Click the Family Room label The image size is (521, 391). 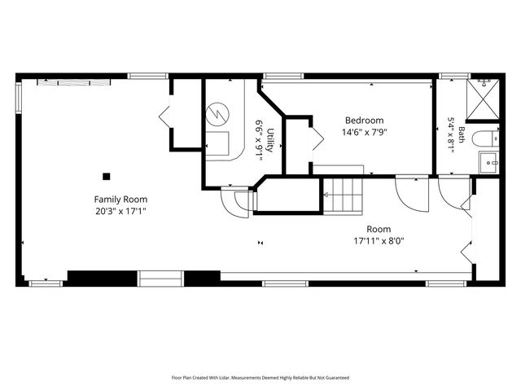coord(120,200)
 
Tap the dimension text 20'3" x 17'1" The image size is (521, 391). coord(120,211)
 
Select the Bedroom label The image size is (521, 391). coord(365,121)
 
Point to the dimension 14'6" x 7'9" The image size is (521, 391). coord(365,132)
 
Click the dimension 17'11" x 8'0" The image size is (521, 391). coord(379,241)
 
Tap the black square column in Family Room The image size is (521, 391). coord(106,176)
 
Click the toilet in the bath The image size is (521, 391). coord(485,139)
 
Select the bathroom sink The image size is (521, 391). coord(488,163)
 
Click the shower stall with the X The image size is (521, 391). coord(483,99)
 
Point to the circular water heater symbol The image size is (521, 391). coord(217,114)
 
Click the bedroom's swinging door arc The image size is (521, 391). coord(412,195)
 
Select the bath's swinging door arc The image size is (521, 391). coord(454,194)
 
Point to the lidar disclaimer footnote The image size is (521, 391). coord(260,378)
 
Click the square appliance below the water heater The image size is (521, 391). coord(217,143)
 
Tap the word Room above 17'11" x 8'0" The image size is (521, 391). coord(379,229)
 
